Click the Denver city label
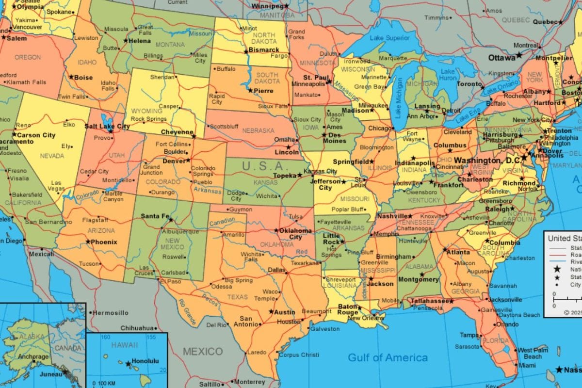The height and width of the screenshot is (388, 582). (174, 161)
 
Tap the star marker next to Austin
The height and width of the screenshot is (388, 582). (271, 312)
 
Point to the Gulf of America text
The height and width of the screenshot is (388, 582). (388, 358)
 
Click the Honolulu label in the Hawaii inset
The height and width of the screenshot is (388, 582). (145, 361)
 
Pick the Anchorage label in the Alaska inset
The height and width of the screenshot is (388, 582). (33, 356)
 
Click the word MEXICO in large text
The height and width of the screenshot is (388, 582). (203, 352)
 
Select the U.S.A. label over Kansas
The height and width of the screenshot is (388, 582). (265, 165)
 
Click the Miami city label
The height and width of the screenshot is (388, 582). (526, 365)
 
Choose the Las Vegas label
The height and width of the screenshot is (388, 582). (57, 185)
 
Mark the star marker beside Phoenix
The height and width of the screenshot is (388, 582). (88, 242)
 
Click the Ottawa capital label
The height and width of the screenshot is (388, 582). (501, 58)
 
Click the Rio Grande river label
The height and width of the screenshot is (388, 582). (188, 312)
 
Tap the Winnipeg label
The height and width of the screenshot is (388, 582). (267, 6)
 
